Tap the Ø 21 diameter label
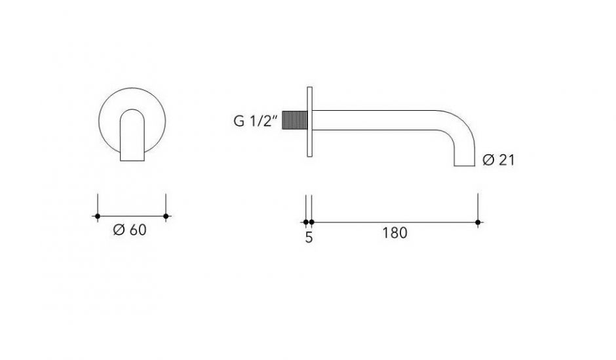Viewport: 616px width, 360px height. [498, 160]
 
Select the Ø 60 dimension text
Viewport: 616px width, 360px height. [130, 231]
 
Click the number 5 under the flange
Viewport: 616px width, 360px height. [309, 237]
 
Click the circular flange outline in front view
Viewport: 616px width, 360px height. [105, 105]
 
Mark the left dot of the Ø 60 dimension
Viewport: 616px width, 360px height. [98, 216]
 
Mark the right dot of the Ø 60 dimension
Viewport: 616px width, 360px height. [166, 216]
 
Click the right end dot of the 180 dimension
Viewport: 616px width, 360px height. [478, 222]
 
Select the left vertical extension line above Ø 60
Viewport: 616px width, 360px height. [98, 203]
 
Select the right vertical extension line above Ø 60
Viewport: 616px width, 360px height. [166, 203]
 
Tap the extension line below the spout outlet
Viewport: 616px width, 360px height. [478, 207]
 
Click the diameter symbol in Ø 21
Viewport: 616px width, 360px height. [488, 160]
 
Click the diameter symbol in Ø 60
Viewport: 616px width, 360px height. [119, 231]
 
